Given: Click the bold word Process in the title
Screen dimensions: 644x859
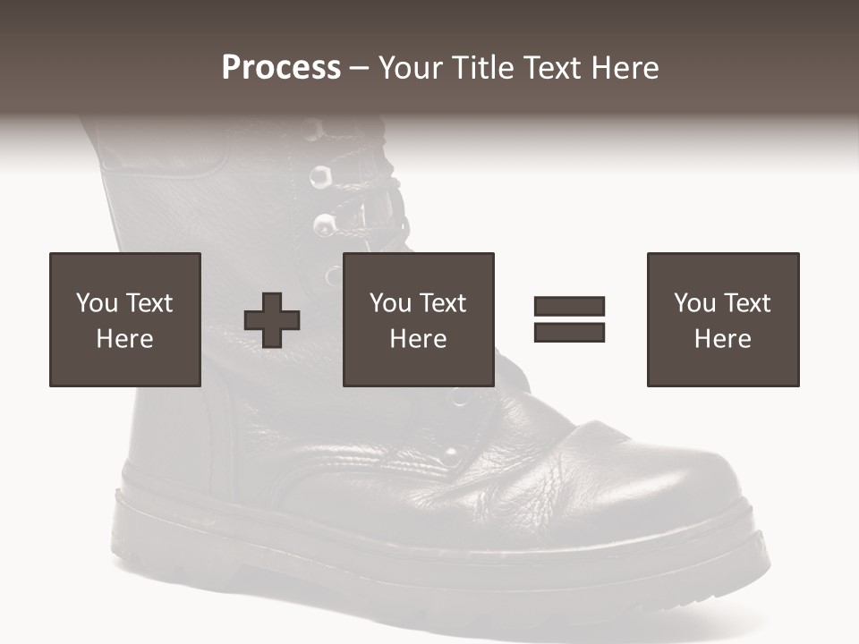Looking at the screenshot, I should pos(281,68).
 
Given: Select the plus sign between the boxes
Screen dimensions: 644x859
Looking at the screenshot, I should pos(272,319).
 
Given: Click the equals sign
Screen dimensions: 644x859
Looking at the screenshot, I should pos(569,319).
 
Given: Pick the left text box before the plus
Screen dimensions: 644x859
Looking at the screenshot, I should pos(125,319).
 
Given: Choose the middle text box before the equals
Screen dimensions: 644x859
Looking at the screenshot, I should pos(419,319).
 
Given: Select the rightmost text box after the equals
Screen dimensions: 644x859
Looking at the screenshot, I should pos(723,319).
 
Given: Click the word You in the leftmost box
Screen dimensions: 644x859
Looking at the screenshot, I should pos(97,303).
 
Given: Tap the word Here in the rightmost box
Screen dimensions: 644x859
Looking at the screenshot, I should pos(723,339).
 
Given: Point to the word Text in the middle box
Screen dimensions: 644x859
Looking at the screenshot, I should pos(443,303).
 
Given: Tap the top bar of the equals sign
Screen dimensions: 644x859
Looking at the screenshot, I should pos(569,307).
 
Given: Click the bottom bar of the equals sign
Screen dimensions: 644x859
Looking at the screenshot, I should pos(569,332).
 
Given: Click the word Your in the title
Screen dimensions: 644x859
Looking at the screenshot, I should pos(412,68).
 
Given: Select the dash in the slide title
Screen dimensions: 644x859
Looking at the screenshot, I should pos(359,68).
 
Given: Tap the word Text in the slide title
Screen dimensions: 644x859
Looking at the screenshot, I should pos(553,68).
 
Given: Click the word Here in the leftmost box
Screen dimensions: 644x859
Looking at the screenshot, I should pos(125,339).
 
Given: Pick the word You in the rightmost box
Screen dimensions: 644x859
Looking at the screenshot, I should pos(694,303).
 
